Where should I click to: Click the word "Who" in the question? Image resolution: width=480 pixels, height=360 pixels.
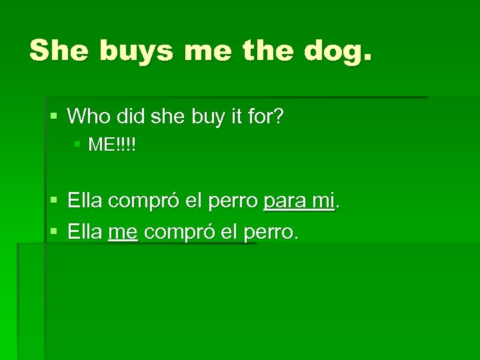(87, 117)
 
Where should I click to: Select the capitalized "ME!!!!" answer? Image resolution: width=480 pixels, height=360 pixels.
(112, 145)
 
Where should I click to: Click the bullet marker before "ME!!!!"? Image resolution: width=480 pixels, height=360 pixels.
(79, 144)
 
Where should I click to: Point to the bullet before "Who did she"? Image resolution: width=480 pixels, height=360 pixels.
(54, 117)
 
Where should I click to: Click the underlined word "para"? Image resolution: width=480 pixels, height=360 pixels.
(285, 200)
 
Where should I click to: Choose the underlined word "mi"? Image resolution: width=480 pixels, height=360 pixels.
(322, 199)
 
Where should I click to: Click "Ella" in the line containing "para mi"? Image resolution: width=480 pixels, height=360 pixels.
(85, 199)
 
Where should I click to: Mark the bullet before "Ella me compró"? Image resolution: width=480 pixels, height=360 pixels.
(54, 231)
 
